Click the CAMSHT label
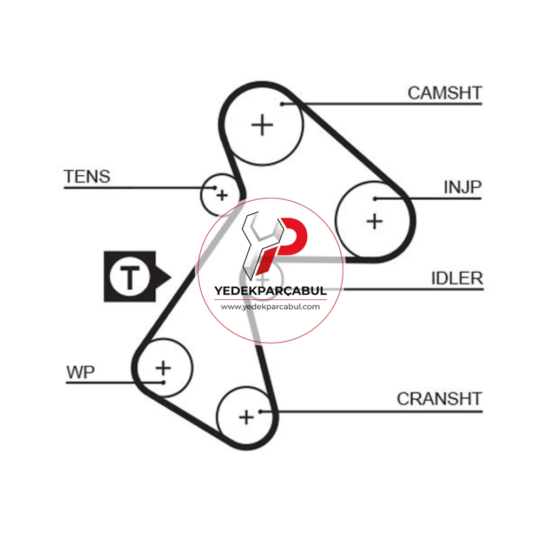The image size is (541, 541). (444, 93)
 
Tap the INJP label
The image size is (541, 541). (463, 187)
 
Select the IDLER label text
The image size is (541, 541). (457, 278)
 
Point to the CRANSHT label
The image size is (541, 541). (439, 399)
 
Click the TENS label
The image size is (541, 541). (87, 177)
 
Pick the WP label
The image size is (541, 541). (81, 372)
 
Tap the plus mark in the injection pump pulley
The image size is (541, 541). (374, 221)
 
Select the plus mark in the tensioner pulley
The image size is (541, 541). (222, 195)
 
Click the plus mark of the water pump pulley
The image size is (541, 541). (163, 368)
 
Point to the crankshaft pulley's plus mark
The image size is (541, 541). (246, 418)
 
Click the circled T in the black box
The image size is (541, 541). (130, 276)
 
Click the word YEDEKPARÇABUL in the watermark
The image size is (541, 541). (270, 291)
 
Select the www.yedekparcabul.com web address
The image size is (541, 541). (270, 307)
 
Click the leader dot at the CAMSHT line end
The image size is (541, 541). (282, 104)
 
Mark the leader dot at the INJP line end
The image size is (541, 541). (375, 199)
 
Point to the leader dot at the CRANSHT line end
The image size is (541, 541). (261, 411)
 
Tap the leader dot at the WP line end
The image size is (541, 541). (163, 382)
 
